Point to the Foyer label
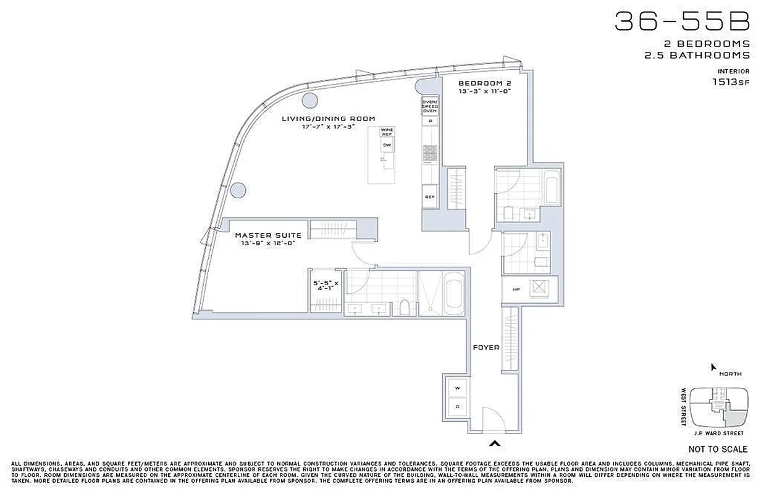coord(486,348)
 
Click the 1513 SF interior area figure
coord(731,82)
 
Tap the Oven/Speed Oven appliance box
coord(429,106)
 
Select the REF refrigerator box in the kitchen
coord(429,197)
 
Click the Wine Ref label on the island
coord(387,132)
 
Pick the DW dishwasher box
coord(387,146)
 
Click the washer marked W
coord(457,388)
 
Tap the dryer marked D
coord(457,407)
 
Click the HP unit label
coord(515,289)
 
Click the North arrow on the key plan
coord(714,367)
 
